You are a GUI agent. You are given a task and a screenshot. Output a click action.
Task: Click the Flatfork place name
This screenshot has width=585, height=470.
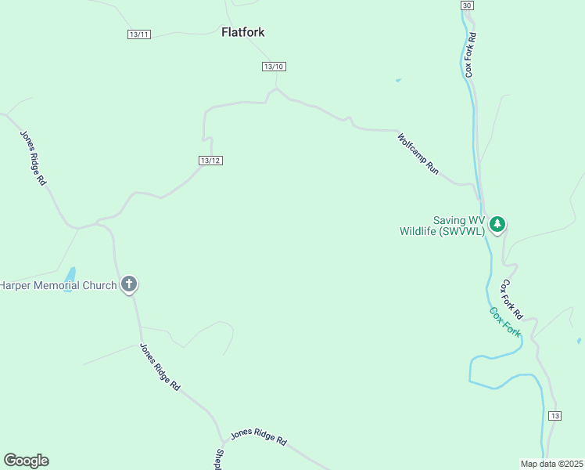pos(242,33)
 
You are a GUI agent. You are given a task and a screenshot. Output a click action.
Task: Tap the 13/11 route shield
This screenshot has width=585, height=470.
pos(139,34)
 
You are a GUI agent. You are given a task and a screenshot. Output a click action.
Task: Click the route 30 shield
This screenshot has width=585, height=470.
pos(467,5)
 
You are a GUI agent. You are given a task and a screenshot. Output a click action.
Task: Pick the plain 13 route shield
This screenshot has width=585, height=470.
pos(554,415)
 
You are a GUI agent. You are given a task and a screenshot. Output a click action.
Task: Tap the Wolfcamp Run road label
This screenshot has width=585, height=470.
pos(418,154)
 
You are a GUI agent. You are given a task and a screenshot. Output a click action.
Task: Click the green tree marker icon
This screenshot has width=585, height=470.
pos(497,224)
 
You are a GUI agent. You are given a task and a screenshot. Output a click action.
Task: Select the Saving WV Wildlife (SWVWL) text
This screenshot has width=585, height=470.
pos(443,226)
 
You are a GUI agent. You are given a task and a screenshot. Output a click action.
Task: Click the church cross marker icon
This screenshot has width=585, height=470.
pos(129,285)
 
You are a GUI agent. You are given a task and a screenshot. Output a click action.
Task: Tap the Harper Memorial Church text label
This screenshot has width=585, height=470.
pos(58,285)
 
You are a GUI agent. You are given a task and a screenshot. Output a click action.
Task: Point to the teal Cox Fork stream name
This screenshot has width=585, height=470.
pos(505,322)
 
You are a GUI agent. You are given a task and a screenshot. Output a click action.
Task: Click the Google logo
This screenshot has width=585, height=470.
pos(26,461)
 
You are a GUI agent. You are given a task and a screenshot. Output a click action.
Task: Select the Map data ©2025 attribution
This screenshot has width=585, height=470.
pos(551,464)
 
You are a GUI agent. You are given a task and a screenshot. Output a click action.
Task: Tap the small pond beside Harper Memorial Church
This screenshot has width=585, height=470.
pos(70,276)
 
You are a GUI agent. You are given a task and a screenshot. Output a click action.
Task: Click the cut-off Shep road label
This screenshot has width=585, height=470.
pos(219,458)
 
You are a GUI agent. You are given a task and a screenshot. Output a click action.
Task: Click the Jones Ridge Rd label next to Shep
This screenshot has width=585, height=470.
pos(259,437)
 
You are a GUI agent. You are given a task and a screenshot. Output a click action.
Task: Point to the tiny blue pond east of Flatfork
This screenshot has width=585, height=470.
pos(398,80)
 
